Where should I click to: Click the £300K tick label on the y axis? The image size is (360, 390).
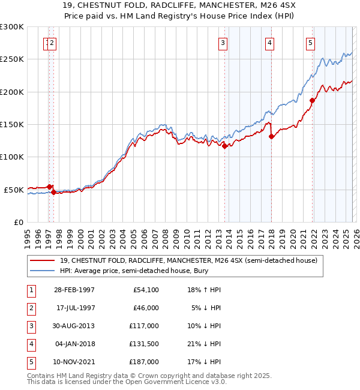click(x=12, y=27)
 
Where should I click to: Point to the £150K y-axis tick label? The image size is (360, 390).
click(x=12, y=125)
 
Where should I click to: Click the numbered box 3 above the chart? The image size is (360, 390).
click(x=223, y=43)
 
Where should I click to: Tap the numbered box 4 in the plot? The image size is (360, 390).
click(x=270, y=43)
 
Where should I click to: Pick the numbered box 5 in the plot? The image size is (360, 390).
click(x=310, y=43)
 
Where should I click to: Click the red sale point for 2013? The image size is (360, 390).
click(x=225, y=146)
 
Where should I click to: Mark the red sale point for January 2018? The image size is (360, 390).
click(x=271, y=136)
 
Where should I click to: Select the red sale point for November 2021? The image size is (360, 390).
click(x=312, y=100)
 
